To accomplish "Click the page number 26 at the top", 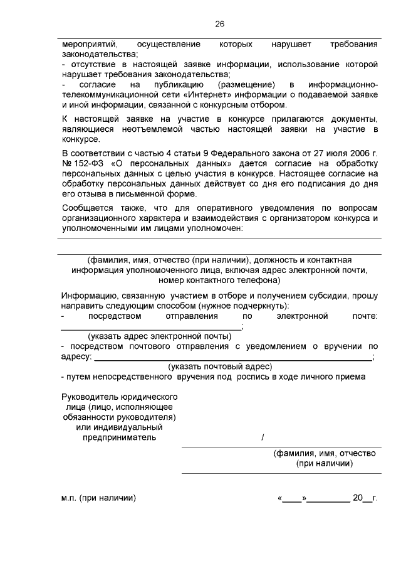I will click(x=219, y=24).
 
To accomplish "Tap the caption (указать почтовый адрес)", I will click(x=219, y=366).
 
